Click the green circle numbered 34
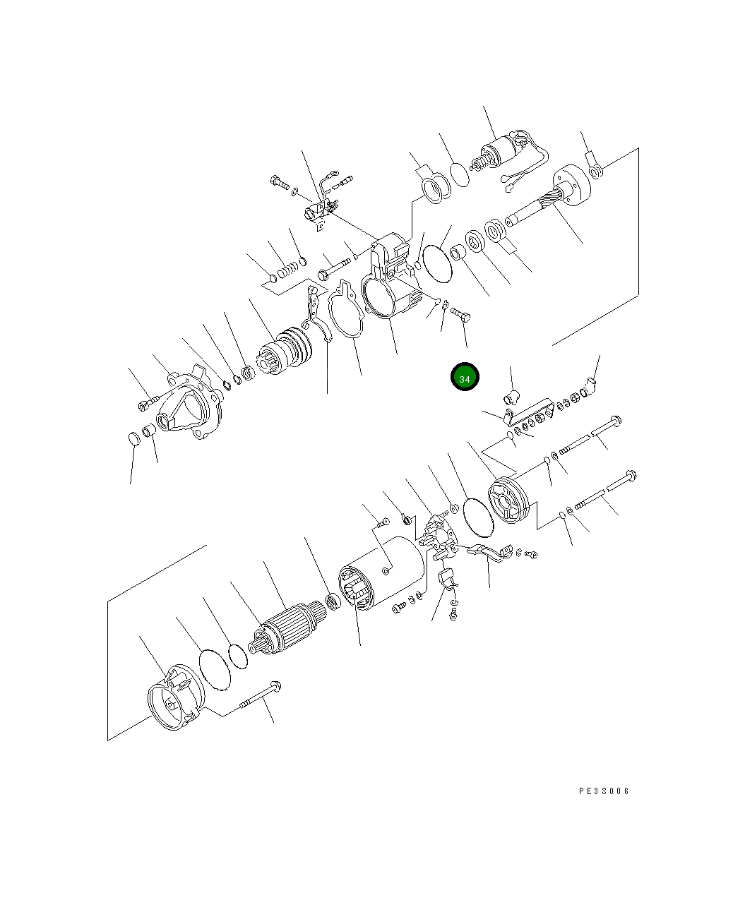465,377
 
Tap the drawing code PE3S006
604,791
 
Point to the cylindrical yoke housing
381,573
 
